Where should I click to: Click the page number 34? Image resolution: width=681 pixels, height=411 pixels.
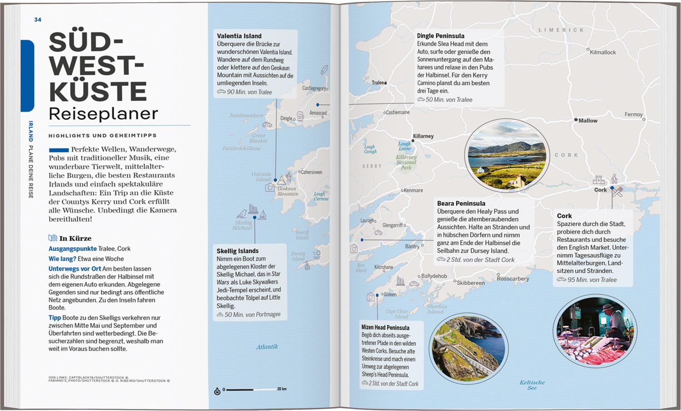(x=38, y=20)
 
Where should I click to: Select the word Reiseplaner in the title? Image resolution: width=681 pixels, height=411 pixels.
(x=104, y=114)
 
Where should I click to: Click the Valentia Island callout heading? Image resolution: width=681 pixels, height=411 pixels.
(x=239, y=36)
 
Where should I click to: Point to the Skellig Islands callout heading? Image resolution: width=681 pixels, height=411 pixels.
(x=237, y=251)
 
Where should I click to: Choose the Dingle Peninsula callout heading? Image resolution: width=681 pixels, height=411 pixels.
(x=440, y=36)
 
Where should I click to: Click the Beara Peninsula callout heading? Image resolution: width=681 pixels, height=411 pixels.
(x=461, y=203)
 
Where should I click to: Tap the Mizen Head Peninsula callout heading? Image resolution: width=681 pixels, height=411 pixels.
(x=385, y=328)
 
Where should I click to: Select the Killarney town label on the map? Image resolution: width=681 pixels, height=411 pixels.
(x=423, y=136)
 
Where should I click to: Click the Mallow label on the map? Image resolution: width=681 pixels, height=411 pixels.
(x=587, y=121)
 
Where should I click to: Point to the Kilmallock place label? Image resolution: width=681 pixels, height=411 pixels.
(x=602, y=52)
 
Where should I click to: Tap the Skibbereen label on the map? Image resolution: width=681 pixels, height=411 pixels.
(x=470, y=283)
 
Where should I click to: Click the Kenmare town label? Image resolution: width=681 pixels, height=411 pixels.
(x=413, y=191)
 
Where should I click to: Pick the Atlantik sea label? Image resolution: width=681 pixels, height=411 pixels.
(x=267, y=347)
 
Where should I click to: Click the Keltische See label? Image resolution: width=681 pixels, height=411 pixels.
(x=532, y=385)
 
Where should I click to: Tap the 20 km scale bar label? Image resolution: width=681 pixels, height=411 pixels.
(x=282, y=389)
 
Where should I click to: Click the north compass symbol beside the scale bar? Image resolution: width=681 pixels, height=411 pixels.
(x=217, y=391)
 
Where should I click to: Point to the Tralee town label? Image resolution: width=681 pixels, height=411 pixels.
(x=378, y=83)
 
